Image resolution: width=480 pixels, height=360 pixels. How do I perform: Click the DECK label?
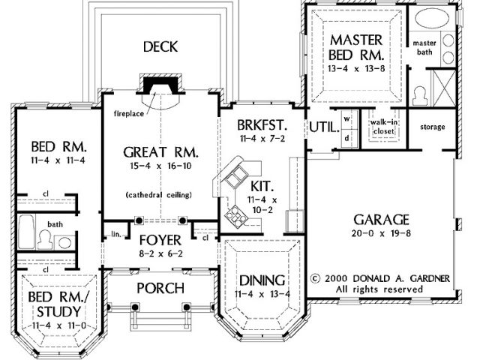pos(160,46)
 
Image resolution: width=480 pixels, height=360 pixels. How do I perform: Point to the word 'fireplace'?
pos(128,114)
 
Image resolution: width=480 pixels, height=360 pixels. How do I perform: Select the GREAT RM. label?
pos(160,152)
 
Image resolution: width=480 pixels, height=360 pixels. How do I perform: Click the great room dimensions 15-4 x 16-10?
pos(160,166)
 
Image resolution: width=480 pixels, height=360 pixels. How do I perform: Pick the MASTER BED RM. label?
pos(356,47)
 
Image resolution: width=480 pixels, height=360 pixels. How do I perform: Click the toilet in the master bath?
pos(420,95)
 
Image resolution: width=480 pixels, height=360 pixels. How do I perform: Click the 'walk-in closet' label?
pos(384,127)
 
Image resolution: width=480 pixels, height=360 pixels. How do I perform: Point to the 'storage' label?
pos(432,127)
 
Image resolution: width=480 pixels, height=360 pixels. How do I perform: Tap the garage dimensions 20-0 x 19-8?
pos(381,233)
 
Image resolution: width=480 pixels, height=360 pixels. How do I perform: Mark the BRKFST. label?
pos(262,125)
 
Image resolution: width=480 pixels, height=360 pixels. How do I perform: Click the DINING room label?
pos(262,280)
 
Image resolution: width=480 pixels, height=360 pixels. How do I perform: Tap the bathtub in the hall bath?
pos(26,232)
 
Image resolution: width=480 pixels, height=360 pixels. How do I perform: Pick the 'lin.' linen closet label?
pos(116,235)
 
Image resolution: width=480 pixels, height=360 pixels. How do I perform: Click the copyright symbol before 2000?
pos(315,279)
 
